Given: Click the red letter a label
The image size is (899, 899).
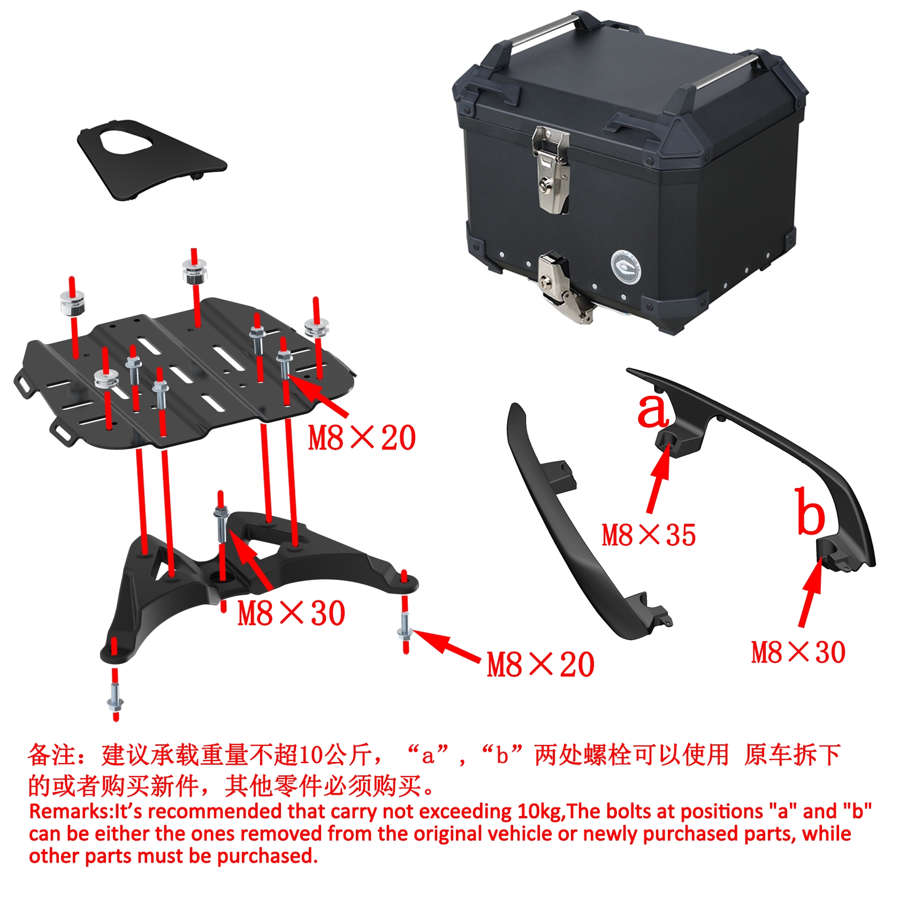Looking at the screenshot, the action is [x=653, y=410].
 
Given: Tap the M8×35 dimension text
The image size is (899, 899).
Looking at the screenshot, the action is [x=649, y=535].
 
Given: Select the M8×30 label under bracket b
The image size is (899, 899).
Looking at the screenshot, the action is [x=798, y=652].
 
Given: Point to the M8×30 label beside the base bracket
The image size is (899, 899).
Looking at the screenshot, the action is [x=291, y=613].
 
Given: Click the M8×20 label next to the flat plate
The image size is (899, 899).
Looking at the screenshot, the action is [x=362, y=438].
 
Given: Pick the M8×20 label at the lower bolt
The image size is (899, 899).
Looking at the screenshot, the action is [x=540, y=665].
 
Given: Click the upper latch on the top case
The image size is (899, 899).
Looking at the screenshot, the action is [x=551, y=169].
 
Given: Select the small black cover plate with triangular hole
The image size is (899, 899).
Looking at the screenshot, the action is [x=151, y=159].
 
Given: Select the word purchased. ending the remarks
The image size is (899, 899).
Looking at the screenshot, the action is [x=268, y=856].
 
